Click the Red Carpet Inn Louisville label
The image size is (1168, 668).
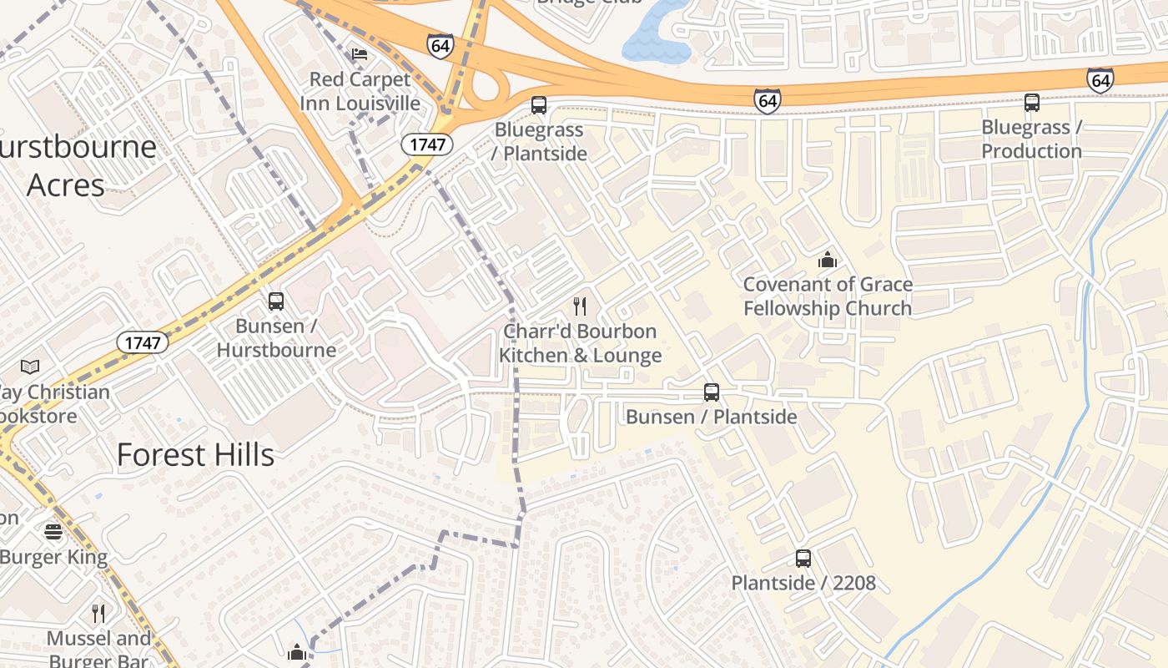[360, 91]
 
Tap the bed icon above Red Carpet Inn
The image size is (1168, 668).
[360, 54]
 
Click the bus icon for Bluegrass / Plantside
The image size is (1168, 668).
[539, 105]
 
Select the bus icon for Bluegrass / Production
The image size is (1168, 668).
[1032, 103]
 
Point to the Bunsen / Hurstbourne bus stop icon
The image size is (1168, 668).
[276, 301]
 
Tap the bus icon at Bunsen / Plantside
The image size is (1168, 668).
[712, 392]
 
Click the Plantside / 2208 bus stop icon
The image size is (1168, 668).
[803, 558]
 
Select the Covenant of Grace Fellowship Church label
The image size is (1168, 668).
[828, 296]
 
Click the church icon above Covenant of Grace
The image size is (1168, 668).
[828, 260]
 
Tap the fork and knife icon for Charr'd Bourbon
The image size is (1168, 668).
[581, 306]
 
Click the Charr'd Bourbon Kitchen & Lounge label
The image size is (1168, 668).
[581, 343]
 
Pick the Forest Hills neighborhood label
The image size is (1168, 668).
[195, 455]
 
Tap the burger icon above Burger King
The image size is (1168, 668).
[53, 532]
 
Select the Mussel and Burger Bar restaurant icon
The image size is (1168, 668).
[98, 614]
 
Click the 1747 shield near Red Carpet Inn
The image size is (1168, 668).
[427, 144]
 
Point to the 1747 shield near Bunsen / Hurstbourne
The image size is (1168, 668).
[142, 342]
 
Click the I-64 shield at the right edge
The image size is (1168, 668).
[1100, 80]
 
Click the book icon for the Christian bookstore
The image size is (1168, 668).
[30, 367]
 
